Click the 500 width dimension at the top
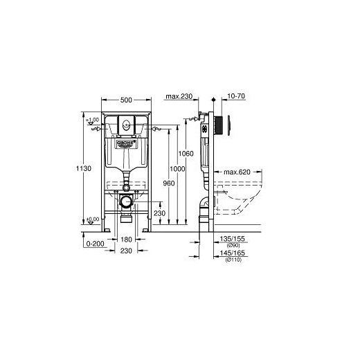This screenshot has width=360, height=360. [x=125, y=98]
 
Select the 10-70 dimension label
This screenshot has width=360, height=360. [x=234, y=98]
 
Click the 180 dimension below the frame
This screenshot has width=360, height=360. [x=125, y=239]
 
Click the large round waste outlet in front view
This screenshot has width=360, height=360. [x=125, y=202]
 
